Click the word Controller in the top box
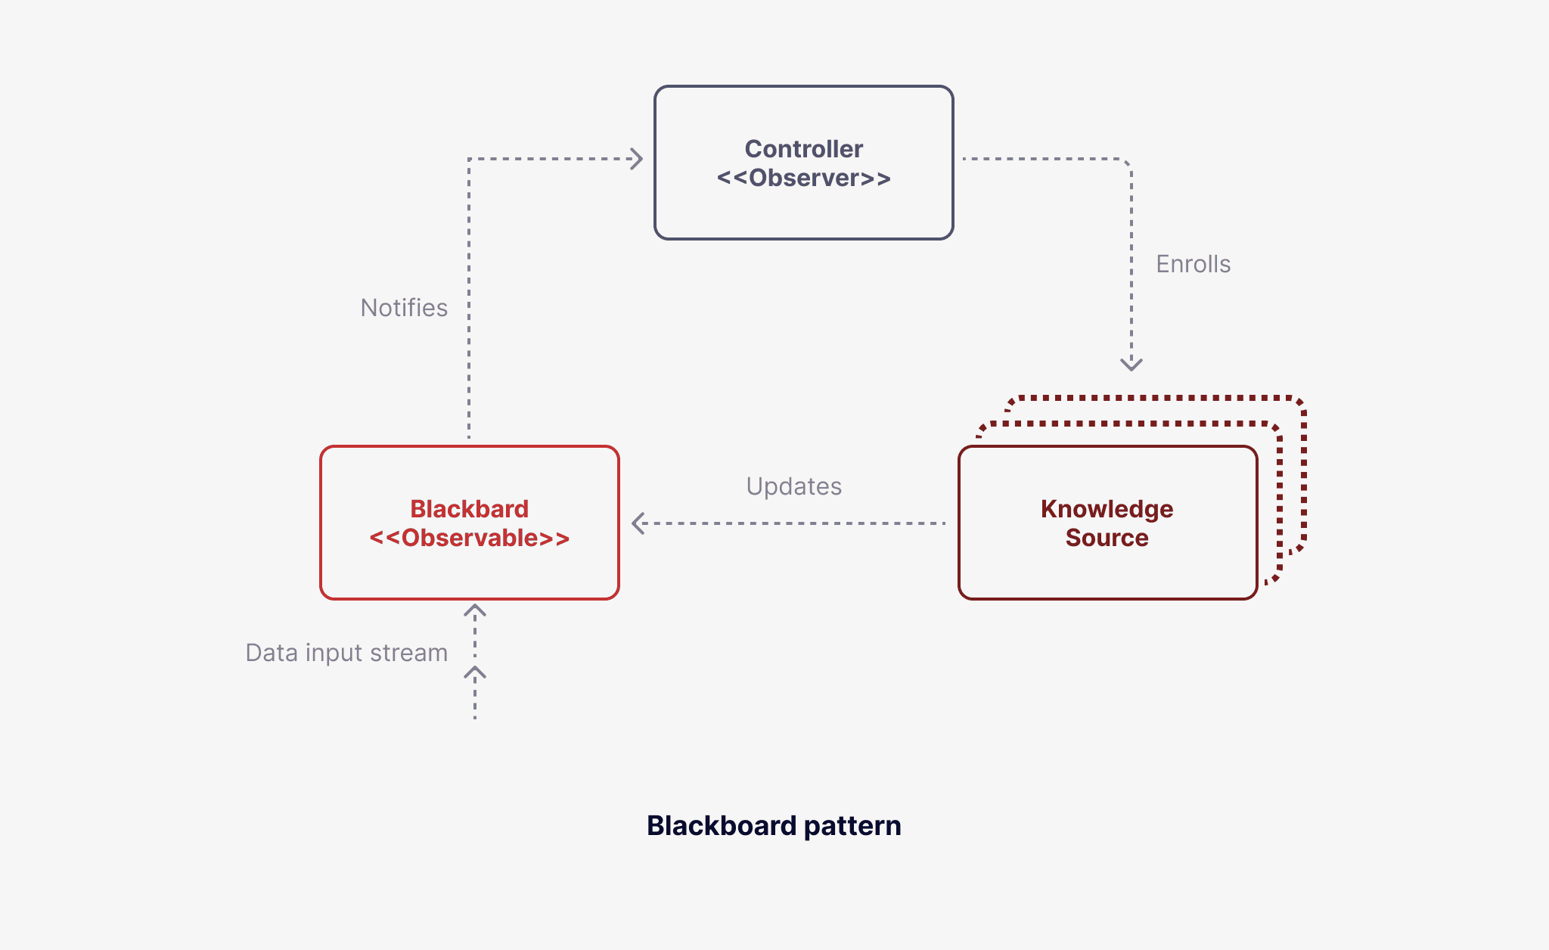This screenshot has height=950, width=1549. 803,149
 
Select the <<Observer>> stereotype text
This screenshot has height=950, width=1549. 803,178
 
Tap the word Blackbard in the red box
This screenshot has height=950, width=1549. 469,509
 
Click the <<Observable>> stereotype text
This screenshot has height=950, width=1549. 469,538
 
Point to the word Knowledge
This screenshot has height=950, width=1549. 1107,509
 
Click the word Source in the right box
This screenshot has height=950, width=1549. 1107,538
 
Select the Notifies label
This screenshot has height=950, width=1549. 404,308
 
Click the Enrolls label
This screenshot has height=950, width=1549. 1193,264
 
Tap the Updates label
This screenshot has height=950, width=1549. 793,486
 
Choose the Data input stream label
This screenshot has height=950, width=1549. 346,653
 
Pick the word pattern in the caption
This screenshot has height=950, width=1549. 852,825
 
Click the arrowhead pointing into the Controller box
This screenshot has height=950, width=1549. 638,159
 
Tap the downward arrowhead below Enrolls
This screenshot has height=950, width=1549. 1131,365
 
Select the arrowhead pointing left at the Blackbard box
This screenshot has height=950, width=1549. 637,523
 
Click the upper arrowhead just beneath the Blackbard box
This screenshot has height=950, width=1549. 475,610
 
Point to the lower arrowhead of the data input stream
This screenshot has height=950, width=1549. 475,672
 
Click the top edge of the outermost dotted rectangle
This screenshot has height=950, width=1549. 1157,397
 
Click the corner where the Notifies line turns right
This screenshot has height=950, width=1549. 469,159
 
